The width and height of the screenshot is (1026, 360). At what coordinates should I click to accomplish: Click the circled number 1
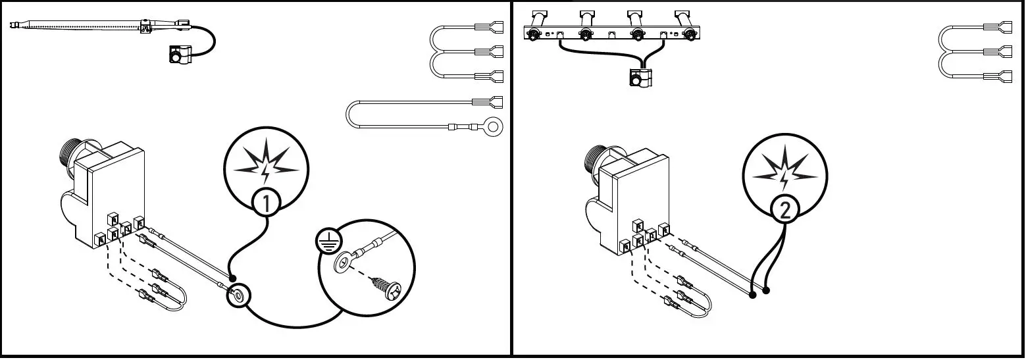267,204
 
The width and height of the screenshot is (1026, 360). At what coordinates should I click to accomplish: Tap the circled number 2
785,209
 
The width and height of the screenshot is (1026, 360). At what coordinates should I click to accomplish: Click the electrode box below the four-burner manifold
639,78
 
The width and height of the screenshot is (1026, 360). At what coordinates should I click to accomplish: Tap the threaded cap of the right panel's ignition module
592,158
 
